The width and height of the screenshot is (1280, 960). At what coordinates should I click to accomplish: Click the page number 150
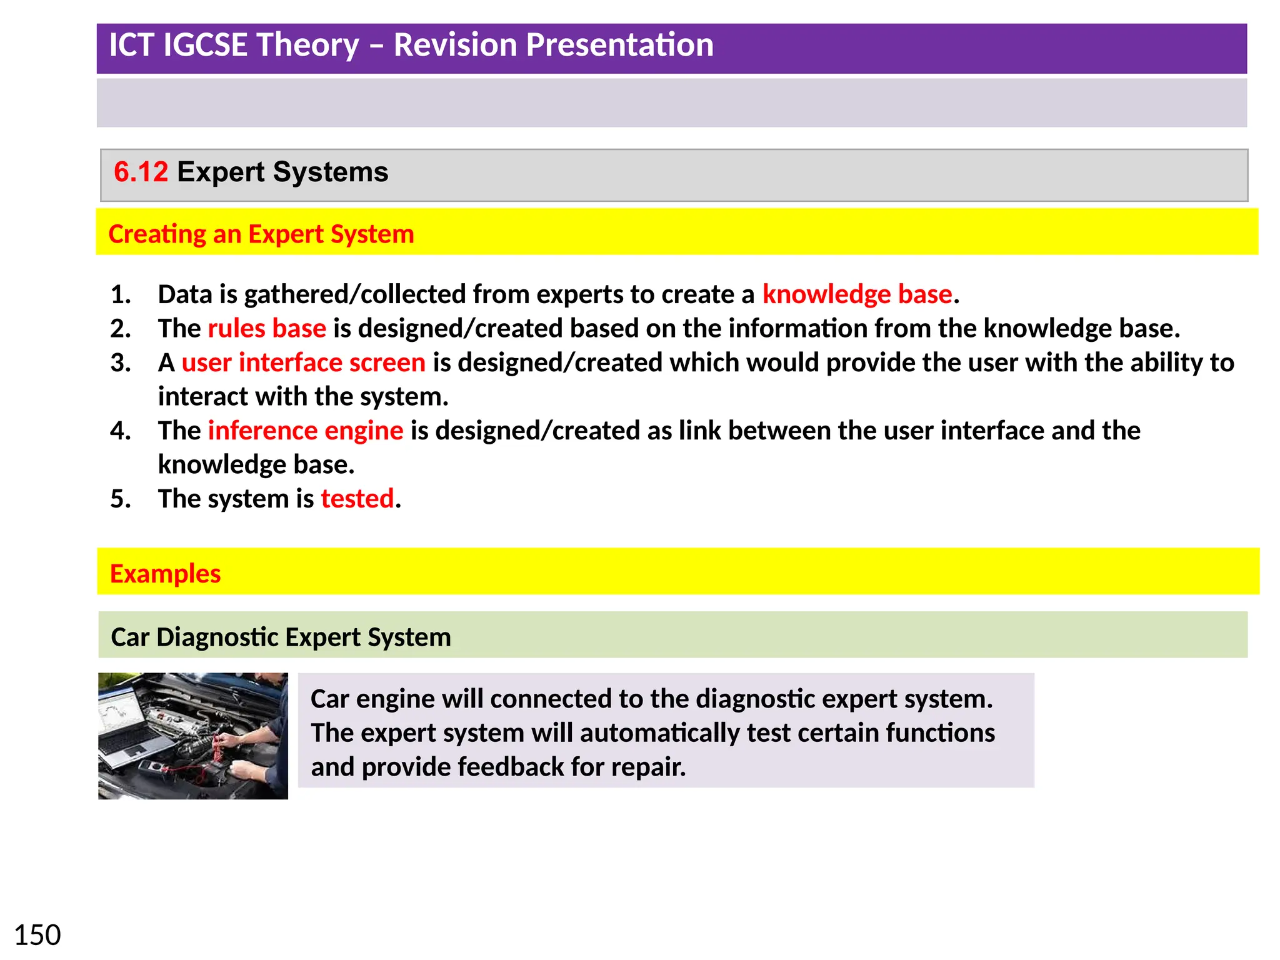coord(37,935)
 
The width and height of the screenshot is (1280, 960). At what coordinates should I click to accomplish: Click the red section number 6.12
coord(141,172)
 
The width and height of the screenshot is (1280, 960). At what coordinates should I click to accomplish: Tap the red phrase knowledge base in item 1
coord(857,294)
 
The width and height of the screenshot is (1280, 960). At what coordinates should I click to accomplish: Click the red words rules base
coord(267,328)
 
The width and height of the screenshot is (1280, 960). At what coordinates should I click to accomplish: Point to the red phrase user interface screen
coord(303,362)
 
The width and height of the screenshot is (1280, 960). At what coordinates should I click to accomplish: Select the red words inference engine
coord(306,431)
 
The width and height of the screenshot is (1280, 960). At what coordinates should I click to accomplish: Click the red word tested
coord(357,499)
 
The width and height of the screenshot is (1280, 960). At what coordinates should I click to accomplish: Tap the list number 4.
coord(120,431)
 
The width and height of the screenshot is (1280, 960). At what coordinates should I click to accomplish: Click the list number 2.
coord(120,328)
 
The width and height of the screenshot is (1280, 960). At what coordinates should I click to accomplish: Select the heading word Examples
coord(165,573)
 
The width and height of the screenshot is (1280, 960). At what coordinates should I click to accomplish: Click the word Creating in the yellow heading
coord(157,234)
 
